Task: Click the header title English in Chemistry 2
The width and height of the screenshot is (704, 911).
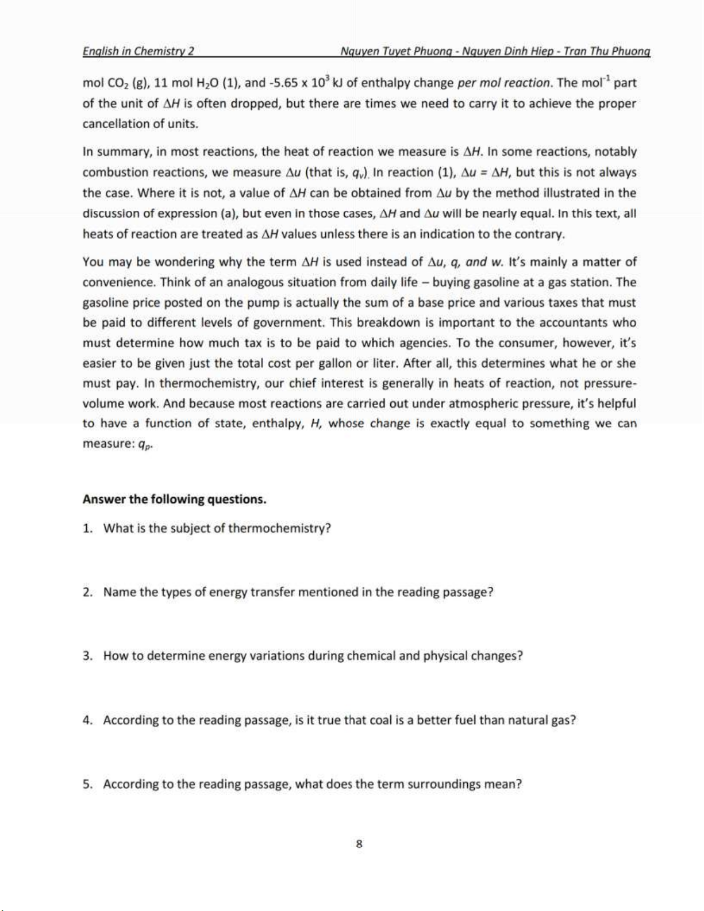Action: point(138,51)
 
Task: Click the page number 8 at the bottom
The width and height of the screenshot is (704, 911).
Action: point(359,844)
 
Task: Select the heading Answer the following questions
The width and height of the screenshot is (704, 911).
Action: point(174,499)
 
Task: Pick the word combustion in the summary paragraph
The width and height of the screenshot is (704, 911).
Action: point(111,172)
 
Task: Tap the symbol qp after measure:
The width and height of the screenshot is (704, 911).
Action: point(145,445)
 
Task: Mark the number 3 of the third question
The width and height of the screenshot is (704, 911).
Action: point(87,656)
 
